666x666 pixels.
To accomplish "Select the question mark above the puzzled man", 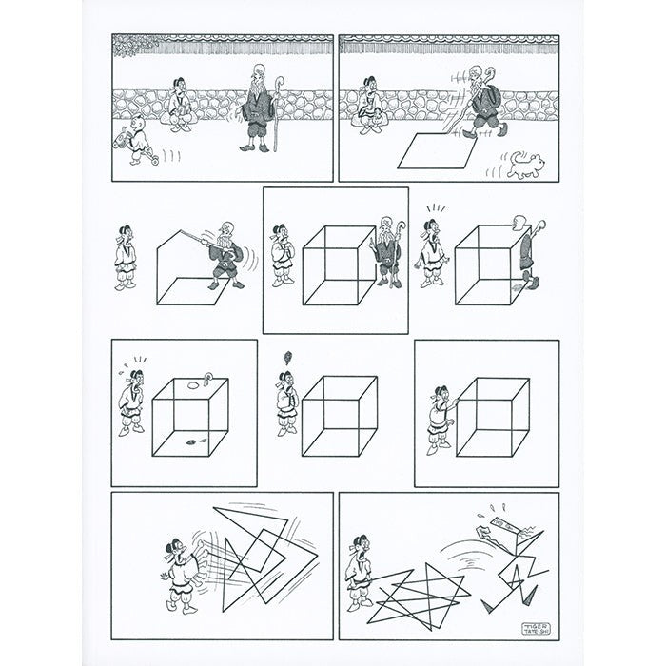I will [x=284, y=359].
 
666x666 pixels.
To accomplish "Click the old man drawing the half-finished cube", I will [x=225, y=257].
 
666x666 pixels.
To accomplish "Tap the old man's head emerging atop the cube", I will [x=517, y=223].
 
